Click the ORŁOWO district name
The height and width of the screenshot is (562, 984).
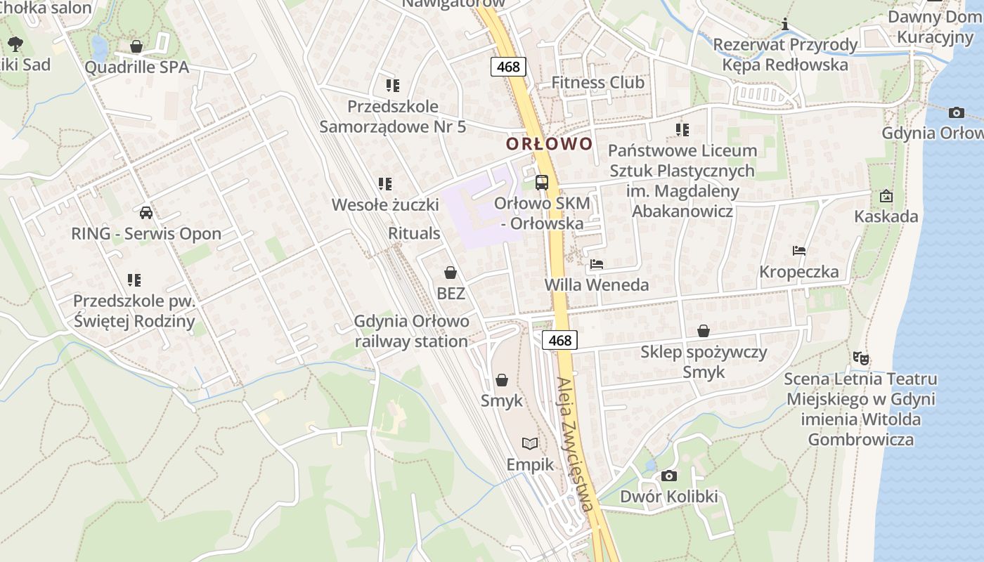tap(550, 144)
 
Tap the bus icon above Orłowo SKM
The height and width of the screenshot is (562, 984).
tap(542, 183)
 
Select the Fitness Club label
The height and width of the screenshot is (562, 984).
tap(597, 83)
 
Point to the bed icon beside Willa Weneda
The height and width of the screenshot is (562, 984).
tap(597, 264)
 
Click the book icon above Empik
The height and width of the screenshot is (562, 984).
tap(530, 443)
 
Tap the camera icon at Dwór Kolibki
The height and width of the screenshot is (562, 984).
tap(669, 476)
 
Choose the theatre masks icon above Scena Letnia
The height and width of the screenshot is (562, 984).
tap(860, 358)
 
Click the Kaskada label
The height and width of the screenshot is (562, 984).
tap(886, 216)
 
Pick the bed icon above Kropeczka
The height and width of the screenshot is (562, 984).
tap(798, 251)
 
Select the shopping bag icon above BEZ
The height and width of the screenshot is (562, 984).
tap(451, 273)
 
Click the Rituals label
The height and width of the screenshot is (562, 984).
tap(414, 233)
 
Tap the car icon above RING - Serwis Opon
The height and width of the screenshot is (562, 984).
tap(146, 213)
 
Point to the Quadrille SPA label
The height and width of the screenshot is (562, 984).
tap(137, 67)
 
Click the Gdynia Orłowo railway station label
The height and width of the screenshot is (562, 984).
tap(411, 332)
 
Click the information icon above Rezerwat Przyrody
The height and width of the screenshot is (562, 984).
tap(785, 25)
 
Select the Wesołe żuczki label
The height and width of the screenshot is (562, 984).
tap(385, 205)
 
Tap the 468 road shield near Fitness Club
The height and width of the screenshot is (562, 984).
tap(507, 67)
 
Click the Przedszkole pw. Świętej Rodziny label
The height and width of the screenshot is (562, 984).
tap(134, 311)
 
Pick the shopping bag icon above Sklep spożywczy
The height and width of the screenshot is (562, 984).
tap(704, 331)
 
